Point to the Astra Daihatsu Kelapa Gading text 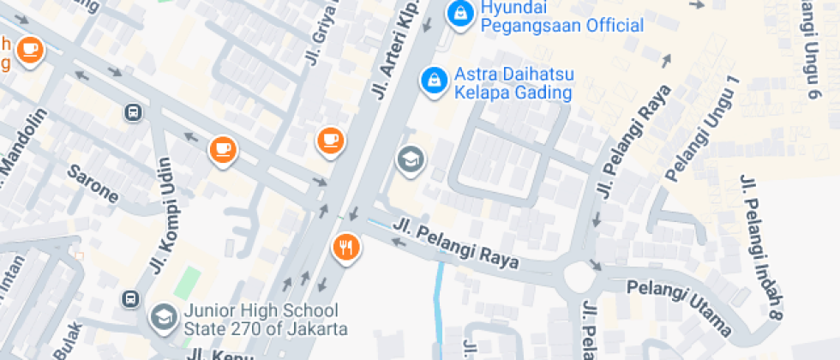[513, 83]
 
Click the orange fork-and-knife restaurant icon [346, 248]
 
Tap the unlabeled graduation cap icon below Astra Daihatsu [411, 159]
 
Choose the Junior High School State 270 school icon [161, 318]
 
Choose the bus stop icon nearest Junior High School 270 [130, 298]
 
